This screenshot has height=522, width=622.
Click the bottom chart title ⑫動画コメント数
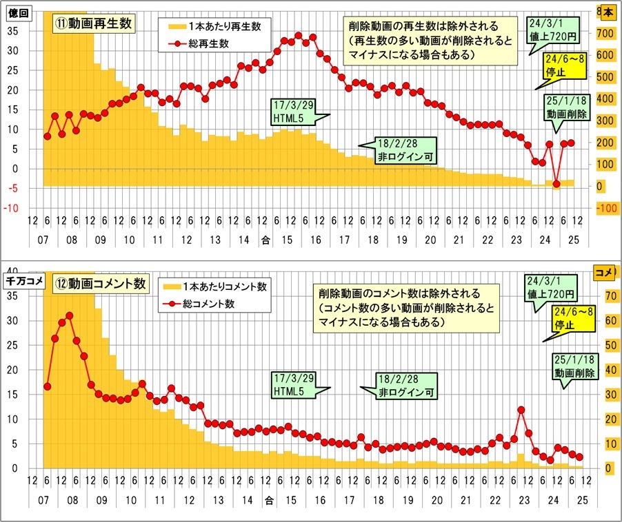click(x=100, y=284)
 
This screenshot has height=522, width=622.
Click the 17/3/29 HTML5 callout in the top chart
click(x=293, y=113)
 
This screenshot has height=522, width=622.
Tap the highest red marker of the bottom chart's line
click(x=69, y=315)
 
